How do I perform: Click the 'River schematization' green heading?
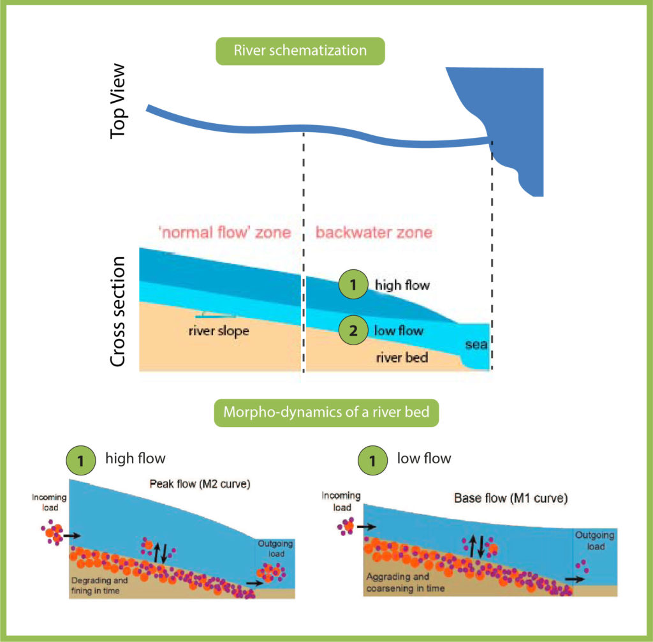[x=300, y=51]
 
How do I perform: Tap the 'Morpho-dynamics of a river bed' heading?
[x=326, y=412]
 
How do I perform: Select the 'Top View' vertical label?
[x=117, y=101]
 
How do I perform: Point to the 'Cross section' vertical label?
[x=117, y=311]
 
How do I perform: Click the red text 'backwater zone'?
[x=374, y=232]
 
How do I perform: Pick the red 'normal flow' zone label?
[x=225, y=232]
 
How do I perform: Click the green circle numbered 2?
[x=353, y=331]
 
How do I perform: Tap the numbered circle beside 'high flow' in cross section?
[x=353, y=285]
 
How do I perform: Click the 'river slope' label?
[x=219, y=331]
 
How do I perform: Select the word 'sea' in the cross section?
[x=476, y=345]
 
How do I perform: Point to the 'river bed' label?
[x=402, y=357]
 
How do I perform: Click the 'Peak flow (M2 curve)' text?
[x=200, y=484]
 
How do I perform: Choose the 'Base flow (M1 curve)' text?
[x=511, y=498]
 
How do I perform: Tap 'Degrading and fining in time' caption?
[x=99, y=585]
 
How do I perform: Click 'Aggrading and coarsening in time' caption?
[x=405, y=583]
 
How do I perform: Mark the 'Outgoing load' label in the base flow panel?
[x=595, y=541]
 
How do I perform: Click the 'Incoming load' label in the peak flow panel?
[x=49, y=502]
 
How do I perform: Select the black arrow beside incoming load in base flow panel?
[x=367, y=527]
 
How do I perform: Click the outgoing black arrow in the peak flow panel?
[x=255, y=583]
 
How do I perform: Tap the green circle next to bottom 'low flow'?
[x=372, y=461]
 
